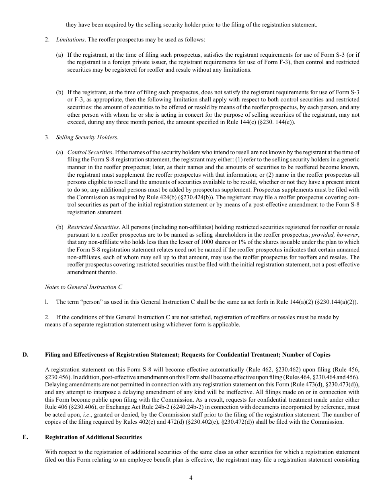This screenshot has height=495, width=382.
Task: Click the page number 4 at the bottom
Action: (x=191, y=478)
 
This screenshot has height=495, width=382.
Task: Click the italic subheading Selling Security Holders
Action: (x=87, y=137)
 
